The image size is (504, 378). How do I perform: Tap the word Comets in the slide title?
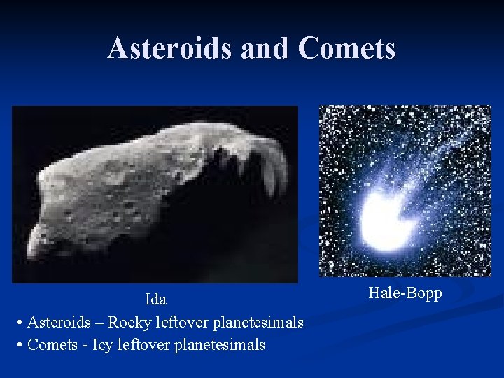coord(346,48)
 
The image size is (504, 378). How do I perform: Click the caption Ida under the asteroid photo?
coord(155,300)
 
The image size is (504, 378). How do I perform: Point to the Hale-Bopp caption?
coord(405,293)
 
